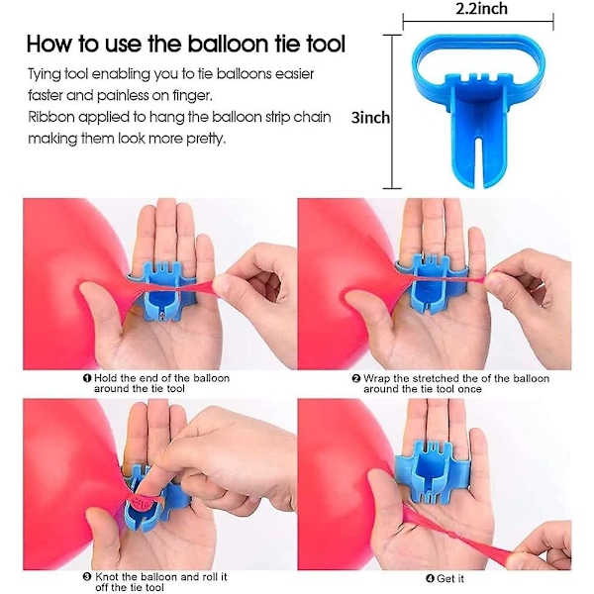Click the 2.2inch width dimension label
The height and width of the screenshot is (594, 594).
point(481,8)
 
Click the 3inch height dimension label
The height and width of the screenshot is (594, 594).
point(370,118)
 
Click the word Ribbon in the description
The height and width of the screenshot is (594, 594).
point(51,117)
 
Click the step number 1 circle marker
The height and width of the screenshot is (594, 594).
point(87,378)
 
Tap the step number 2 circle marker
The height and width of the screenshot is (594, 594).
point(356,378)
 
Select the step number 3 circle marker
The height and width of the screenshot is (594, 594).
point(87,577)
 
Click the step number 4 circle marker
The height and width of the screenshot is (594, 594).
point(430,578)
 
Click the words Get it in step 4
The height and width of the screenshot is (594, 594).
point(450,578)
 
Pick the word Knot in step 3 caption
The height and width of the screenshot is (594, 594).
point(107,577)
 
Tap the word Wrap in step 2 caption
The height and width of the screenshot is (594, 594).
point(376,378)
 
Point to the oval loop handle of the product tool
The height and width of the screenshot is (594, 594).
point(478,41)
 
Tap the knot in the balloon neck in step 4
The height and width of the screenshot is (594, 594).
point(453,538)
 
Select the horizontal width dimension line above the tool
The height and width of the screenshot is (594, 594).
point(478,21)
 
